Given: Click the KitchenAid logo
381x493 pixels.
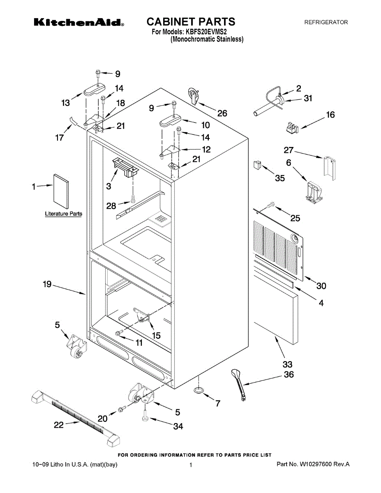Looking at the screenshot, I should pos(79,22).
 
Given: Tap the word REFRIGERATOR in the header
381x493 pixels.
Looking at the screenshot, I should pos(326,23).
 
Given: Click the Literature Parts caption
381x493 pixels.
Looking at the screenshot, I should pos(63,214).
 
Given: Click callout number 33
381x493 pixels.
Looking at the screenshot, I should pos(287,364).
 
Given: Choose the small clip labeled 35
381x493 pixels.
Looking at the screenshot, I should pos(257,165).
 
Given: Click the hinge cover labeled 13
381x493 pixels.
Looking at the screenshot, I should pos(94,90).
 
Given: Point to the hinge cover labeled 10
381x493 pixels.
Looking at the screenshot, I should pos(169,122).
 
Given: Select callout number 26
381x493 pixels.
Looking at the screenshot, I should pos(222,113).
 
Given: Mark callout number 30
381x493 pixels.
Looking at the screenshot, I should pos(321,286).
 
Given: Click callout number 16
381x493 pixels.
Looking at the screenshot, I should pos(330,115).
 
